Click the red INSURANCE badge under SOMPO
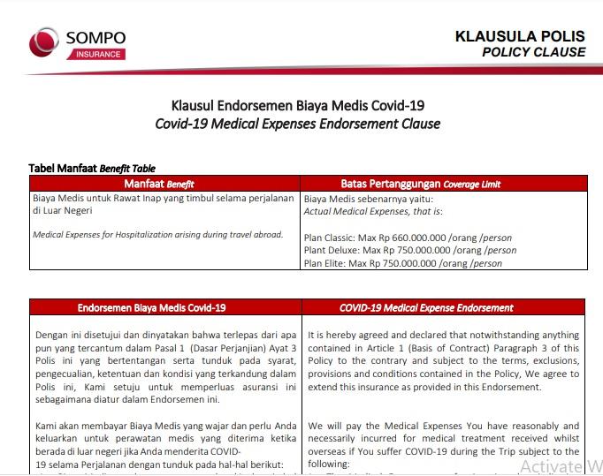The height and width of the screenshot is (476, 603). [x=94, y=54]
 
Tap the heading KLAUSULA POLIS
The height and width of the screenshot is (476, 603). [x=520, y=36]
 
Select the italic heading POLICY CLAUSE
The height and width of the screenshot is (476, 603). [x=533, y=52]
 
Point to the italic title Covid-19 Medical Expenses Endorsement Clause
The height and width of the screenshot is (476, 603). [x=298, y=124]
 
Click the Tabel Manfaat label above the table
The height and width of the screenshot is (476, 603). [x=63, y=168]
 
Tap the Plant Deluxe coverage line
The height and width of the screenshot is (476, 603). [x=409, y=250]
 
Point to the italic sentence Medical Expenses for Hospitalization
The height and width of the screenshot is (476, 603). [x=157, y=235]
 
